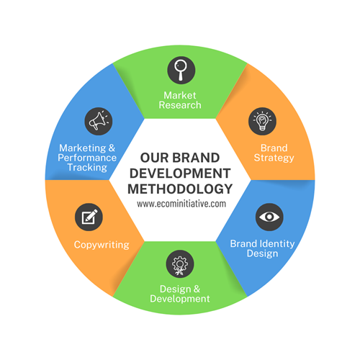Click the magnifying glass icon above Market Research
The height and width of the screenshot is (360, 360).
pos(180,70)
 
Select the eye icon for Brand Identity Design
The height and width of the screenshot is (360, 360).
pos(270,215)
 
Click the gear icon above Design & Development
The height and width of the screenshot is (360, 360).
pos(180,264)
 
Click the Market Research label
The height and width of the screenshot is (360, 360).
pos(180,99)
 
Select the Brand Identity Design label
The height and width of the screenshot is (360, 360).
pos(262,248)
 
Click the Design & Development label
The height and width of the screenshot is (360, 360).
pos(180,294)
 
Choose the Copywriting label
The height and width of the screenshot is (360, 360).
pos(102,245)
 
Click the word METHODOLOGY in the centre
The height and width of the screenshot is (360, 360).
pos(180,189)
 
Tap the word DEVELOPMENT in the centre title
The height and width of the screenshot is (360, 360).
pos(180,173)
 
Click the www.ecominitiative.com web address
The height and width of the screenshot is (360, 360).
pos(180,204)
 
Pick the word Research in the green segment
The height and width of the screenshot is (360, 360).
pos(180,105)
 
